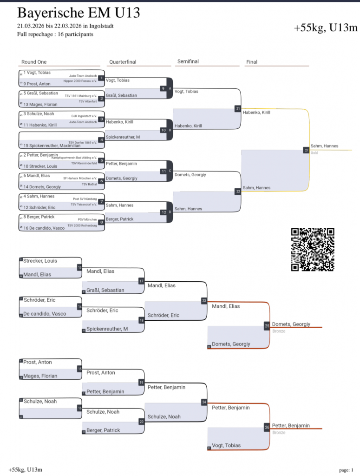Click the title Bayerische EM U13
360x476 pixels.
[79, 13]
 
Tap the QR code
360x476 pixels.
[313, 250]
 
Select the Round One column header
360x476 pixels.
[34, 62]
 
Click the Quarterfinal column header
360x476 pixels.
[123, 62]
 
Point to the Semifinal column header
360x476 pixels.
[188, 61]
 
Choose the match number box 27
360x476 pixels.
[306, 150]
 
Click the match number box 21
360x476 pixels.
[238, 109]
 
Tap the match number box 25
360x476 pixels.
[267, 326]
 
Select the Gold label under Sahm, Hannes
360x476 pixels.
[314, 152]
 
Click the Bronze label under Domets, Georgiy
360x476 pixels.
[279, 331]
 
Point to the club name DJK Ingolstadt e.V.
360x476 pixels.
[84, 116]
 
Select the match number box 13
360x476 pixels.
[79, 268]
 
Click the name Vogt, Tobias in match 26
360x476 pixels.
[226, 445]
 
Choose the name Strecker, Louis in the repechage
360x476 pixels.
[40, 261]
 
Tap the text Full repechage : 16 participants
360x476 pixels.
[55, 34]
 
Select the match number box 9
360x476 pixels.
[163, 88]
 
